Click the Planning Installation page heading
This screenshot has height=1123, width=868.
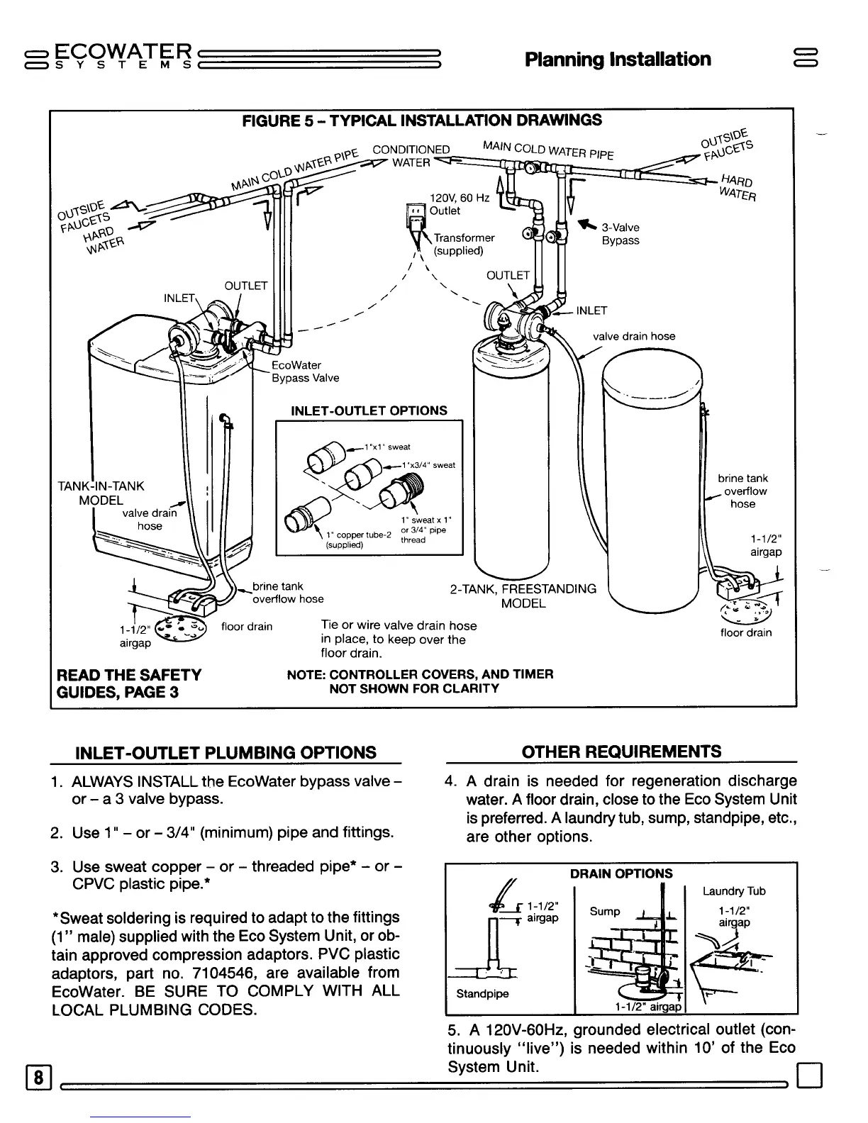[x=618, y=59]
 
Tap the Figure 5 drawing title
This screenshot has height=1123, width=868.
[x=422, y=120]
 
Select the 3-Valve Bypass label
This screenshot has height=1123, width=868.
[x=620, y=234]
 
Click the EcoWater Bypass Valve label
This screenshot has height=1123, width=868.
[x=306, y=371]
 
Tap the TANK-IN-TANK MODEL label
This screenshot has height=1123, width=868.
[x=101, y=493]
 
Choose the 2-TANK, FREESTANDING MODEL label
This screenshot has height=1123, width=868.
[x=523, y=596]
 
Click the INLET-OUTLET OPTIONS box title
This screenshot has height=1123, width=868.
[x=369, y=410]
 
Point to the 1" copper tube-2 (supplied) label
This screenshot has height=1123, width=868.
[x=348, y=540]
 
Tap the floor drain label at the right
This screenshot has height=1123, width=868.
[x=746, y=632]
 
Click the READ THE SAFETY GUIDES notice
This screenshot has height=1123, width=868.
[x=129, y=683]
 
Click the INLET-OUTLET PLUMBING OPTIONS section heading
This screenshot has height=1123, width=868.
[x=226, y=752]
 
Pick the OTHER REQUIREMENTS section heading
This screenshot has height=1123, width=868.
[x=621, y=752]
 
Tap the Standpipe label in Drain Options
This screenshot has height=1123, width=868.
[x=482, y=993]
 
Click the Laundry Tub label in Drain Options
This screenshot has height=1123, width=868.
[x=734, y=891]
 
